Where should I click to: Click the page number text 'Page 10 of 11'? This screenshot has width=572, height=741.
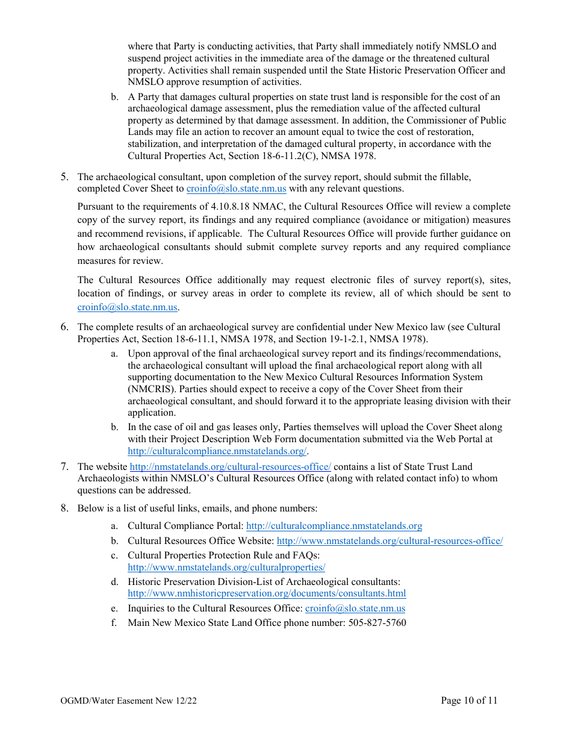click(x=469, y=700)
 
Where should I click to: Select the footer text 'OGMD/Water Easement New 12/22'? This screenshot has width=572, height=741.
click(x=128, y=700)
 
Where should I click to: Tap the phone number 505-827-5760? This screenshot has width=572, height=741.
click(x=377, y=622)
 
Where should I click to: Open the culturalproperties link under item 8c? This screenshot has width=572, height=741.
click(x=226, y=567)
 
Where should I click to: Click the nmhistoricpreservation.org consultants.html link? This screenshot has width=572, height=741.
click(x=267, y=593)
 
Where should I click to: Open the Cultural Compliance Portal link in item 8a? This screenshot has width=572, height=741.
click(x=334, y=526)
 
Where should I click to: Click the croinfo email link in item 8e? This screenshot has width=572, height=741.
click(x=355, y=608)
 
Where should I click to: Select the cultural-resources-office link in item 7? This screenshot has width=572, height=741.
click(x=230, y=466)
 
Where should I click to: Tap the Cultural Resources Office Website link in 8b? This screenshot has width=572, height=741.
click(x=390, y=540)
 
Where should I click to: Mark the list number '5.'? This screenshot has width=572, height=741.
click(x=64, y=177)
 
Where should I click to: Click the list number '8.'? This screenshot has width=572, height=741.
click(x=64, y=508)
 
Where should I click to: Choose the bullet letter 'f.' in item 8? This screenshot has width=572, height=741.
click(x=114, y=622)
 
